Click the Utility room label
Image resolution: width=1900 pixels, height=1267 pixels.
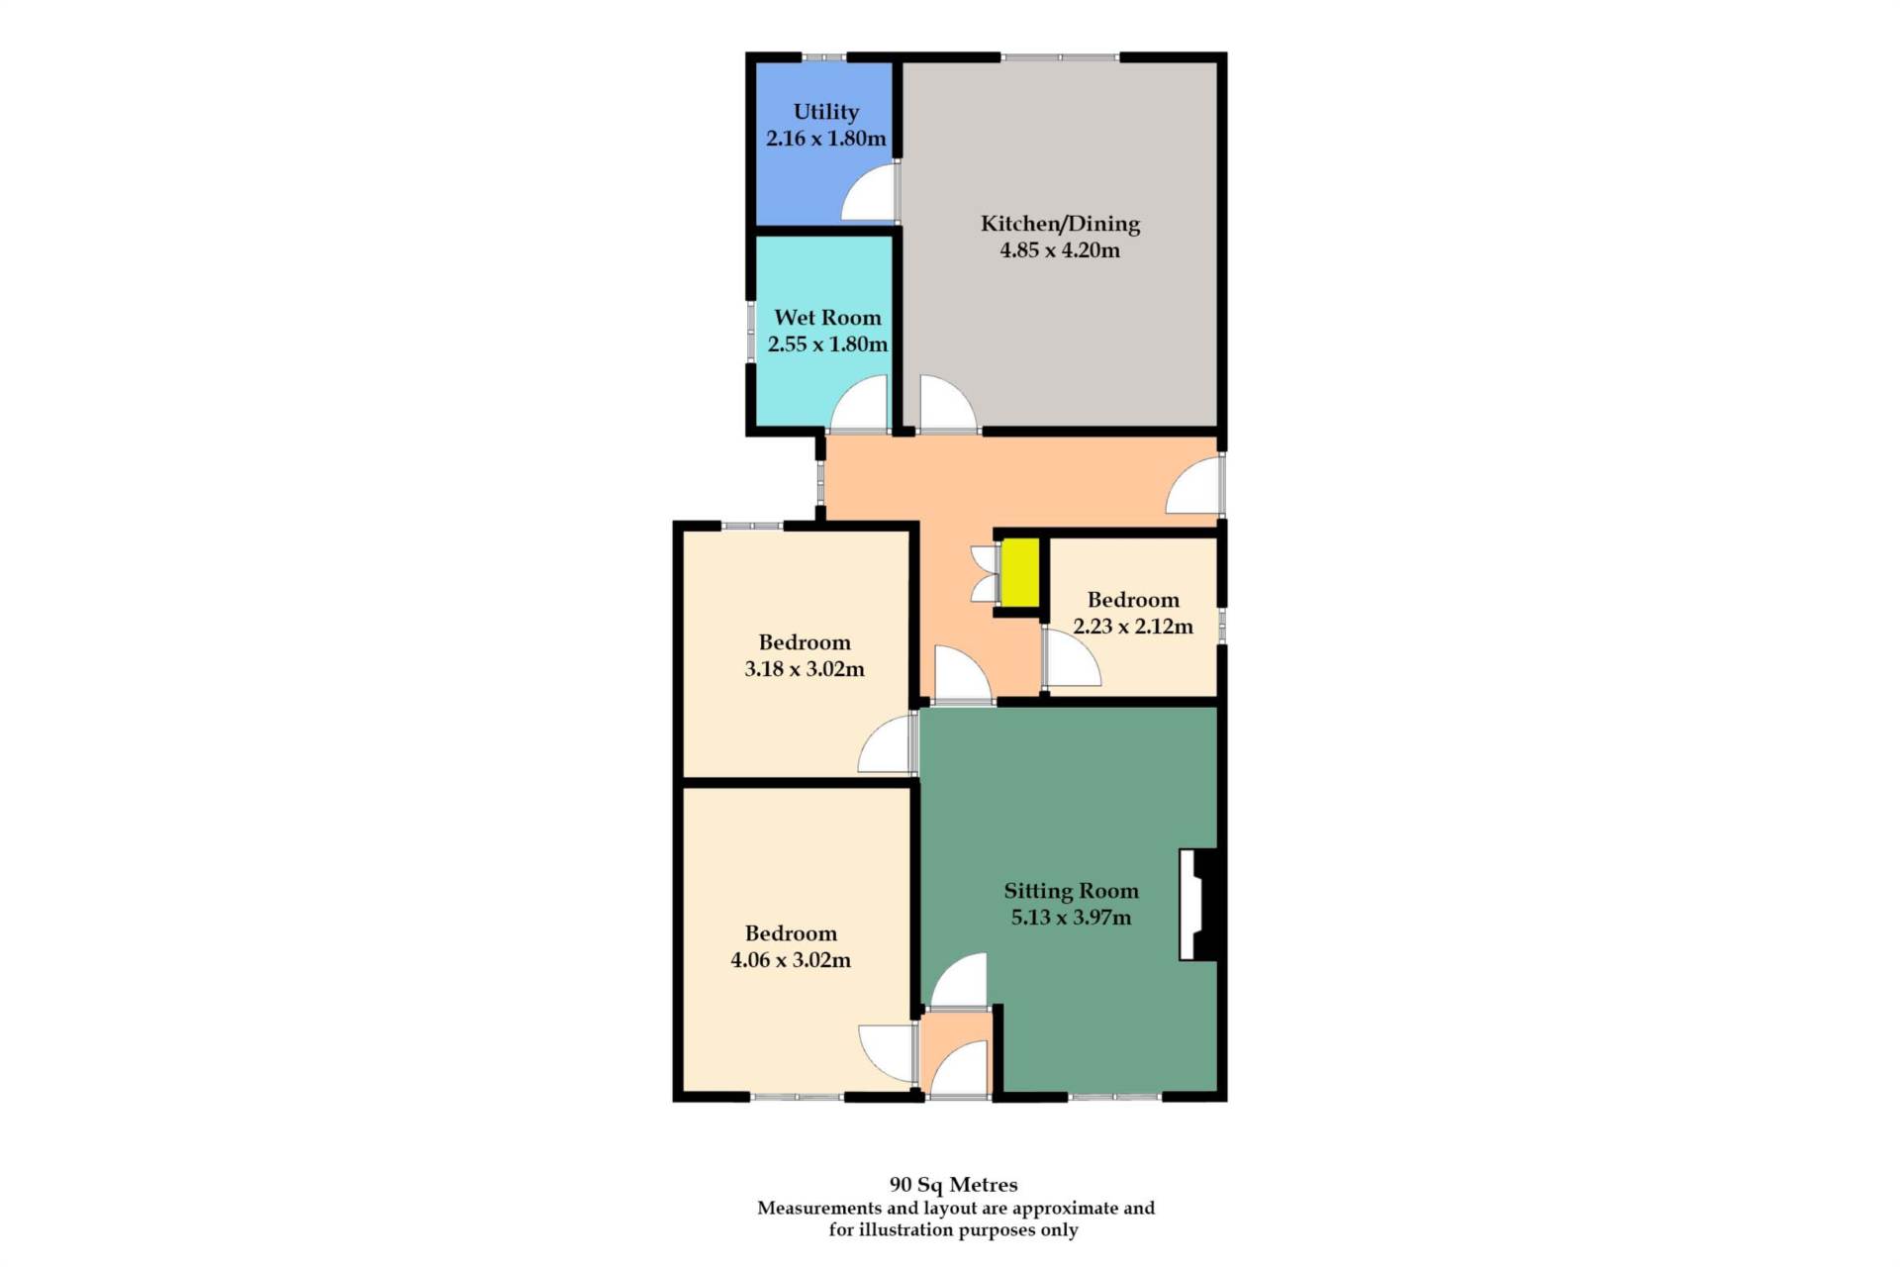(x=825, y=112)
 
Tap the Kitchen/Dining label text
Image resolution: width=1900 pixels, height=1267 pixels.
(x=1060, y=224)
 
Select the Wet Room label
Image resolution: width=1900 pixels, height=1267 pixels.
(x=827, y=318)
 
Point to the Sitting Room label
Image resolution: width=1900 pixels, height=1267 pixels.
(x=1071, y=891)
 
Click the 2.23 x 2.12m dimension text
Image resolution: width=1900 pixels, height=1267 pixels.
(x=1133, y=627)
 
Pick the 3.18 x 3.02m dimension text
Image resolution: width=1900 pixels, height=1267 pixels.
(x=805, y=669)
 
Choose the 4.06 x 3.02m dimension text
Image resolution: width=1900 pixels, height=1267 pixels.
(x=791, y=960)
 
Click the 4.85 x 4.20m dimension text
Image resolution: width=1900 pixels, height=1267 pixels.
(x=1060, y=250)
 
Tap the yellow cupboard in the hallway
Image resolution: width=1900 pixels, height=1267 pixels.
(x=1020, y=572)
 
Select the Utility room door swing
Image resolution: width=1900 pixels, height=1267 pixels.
(x=869, y=193)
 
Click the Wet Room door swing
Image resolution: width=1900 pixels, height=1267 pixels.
(x=858, y=404)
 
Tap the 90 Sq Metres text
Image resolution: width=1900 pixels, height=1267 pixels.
(x=953, y=1184)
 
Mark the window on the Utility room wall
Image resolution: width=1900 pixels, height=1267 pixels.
(x=823, y=56)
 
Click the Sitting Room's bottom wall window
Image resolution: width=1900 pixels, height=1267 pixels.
(x=1114, y=1097)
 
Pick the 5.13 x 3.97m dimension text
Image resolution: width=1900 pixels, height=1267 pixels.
(x=1071, y=918)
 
